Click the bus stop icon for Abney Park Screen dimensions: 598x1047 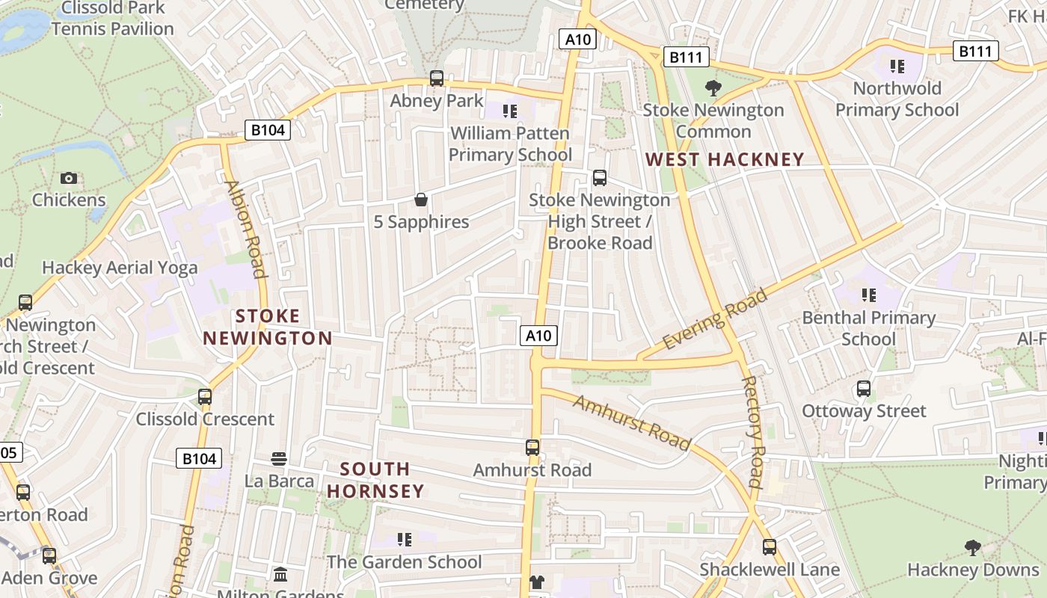click(437, 78)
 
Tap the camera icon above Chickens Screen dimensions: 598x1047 click(69, 178)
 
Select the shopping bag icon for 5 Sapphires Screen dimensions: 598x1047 click(421, 200)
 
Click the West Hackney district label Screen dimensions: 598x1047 click(725, 159)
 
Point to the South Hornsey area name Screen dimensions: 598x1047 click(375, 480)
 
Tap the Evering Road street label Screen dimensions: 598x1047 click(715, 318)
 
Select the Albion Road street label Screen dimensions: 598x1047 click(245, 229)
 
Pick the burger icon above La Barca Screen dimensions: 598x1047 click(279, 458)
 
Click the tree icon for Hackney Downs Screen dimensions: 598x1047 click(973, 548)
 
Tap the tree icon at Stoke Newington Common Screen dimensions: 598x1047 click(713, 88)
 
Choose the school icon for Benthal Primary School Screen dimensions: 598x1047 click(868, 295)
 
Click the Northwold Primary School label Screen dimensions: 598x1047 click(897, 99)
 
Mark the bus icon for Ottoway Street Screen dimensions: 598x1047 click(864, 389)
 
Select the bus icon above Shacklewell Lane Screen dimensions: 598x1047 click(770, 547)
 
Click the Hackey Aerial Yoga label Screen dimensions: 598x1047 click(120, 268)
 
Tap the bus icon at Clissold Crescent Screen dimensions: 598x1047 click(205, 397)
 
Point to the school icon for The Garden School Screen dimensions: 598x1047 click(405, 540)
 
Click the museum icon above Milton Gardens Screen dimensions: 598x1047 click(280, 574)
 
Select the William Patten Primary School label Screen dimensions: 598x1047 click(510, 144)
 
